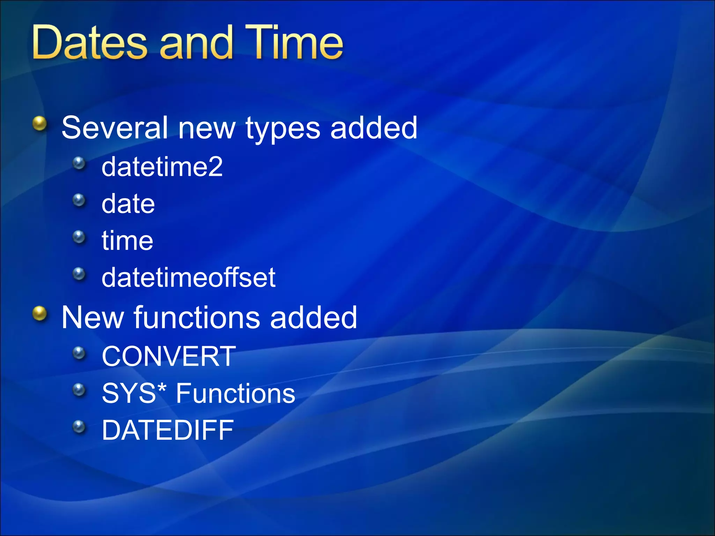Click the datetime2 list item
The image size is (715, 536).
162,167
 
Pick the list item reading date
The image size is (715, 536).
128,204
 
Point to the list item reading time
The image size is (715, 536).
127,241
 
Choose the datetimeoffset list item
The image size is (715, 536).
189,278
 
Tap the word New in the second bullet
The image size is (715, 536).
93,318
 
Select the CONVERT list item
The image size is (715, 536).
169,357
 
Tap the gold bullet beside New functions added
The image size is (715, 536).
40,313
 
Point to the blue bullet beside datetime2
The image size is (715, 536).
79,163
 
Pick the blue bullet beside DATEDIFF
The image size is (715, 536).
79,426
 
